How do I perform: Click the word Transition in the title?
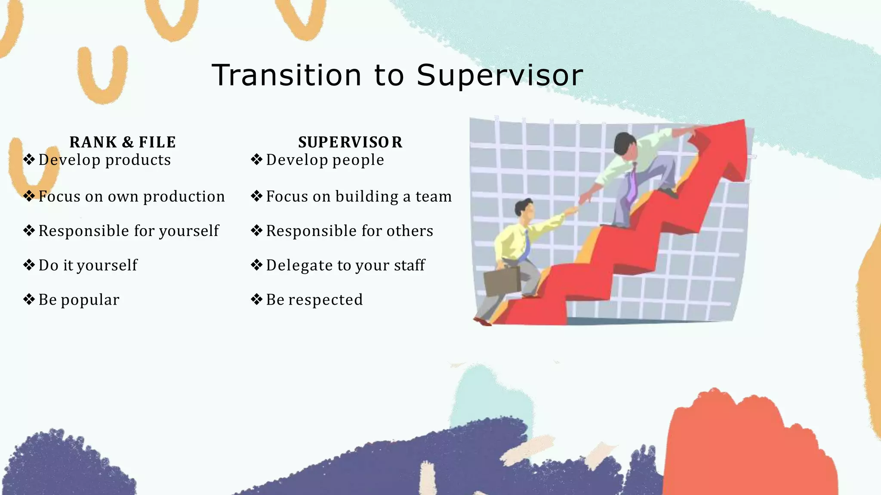[286, 75]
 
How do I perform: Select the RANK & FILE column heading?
[123, 142]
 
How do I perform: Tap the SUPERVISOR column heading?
[350, 142]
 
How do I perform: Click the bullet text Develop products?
[105, 160]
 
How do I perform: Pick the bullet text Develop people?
[325, 160]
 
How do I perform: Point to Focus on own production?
[132, 196]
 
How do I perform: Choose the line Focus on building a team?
[359, 196]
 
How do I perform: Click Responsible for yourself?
[129, 231]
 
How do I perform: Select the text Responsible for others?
[349, 231]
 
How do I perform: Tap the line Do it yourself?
[88, 265]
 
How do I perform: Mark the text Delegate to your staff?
[345, 265]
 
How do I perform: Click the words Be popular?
[79, 299]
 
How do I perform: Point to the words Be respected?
[314, 299]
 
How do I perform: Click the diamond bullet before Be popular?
[29, 299]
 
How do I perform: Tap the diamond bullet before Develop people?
[256, 159]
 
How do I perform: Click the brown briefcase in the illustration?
[502, 281]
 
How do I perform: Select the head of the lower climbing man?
[525, 209]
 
